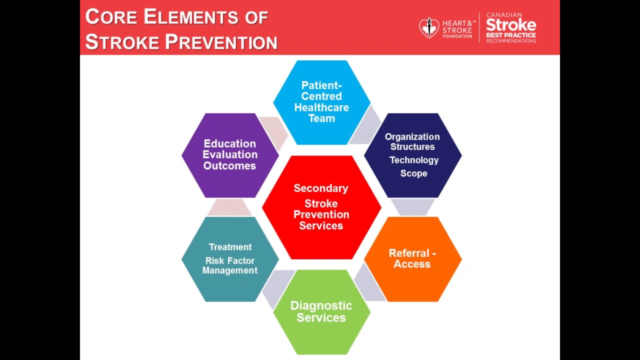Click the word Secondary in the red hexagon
coord(321,188)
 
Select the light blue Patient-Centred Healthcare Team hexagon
coord(321,102)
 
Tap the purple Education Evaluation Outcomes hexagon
coord(229,155)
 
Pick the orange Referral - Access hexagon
coord(412,258)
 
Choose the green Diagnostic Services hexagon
coord(321,311)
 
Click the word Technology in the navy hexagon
coord(414,160)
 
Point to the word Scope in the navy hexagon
coord(413,173)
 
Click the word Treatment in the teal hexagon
coord(230,247)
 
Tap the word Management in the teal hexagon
coord(230,270)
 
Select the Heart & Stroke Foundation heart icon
coord(428,28)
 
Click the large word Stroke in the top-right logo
coord(510,25)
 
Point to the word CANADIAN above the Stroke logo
coord(504,15)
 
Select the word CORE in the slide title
coord(111,17)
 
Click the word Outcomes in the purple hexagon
coord(229,166)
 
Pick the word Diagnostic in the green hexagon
coord(321,305)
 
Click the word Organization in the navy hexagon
coord(412,137)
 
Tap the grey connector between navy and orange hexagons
coord(412,207)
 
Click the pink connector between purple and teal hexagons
coord(229,207)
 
